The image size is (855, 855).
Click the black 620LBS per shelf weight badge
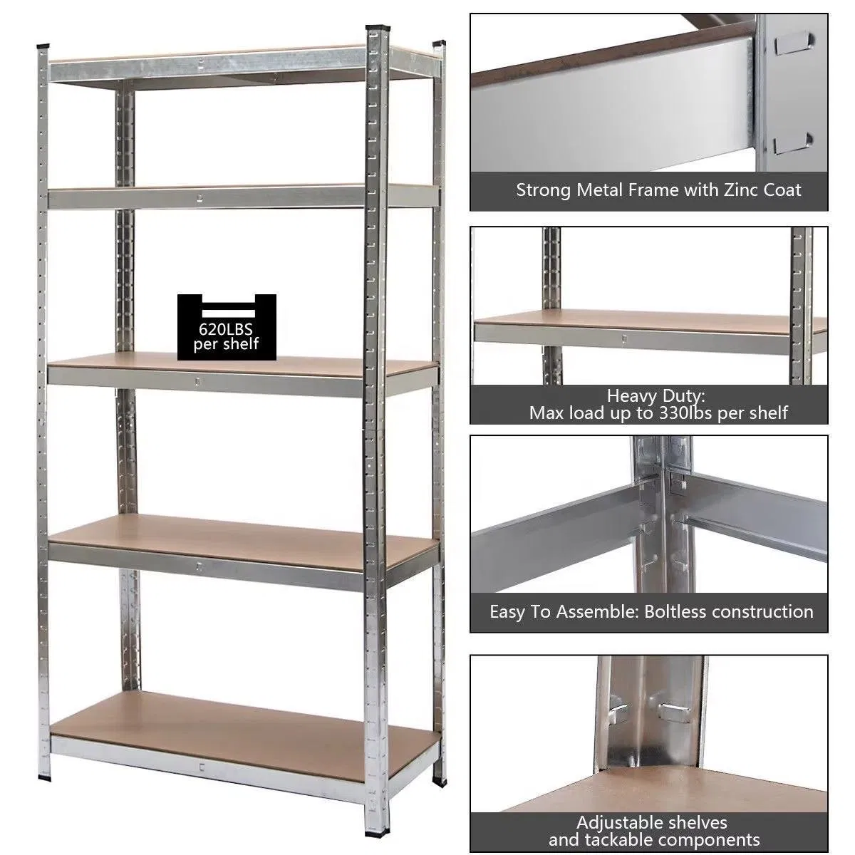point(227,327)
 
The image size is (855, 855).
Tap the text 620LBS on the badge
point(226,329)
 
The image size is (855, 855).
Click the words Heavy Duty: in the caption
point(655,395)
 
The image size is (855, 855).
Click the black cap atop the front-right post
point(378,28)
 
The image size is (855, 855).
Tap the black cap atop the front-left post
point(43,46)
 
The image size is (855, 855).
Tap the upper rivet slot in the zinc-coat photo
point(794,43)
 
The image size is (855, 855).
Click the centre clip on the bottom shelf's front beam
point(202,766)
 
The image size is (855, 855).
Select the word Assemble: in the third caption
point(597,612)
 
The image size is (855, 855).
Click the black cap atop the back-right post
point(440,43)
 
